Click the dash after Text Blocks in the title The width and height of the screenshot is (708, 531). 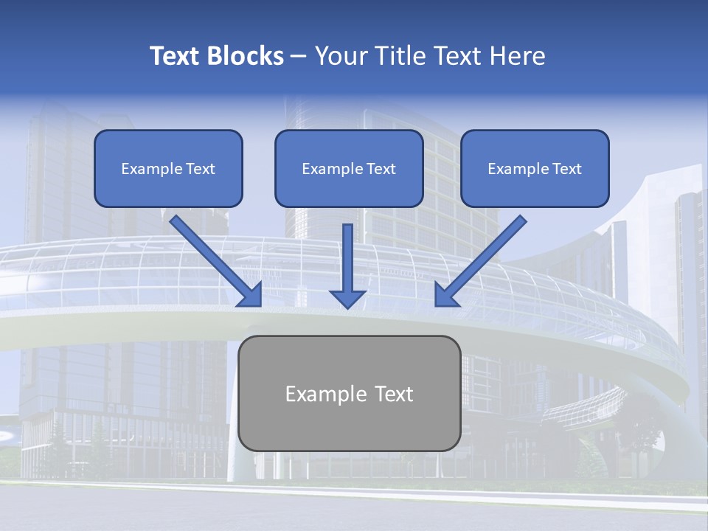point(299,57)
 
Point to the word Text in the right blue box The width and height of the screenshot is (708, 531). point(566,169)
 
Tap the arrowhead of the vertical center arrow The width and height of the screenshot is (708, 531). point(347,299)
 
